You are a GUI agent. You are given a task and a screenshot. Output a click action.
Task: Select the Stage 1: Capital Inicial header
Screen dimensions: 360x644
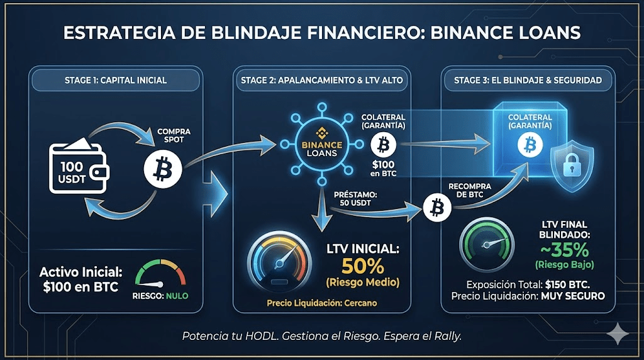pyautogui.click(x=115, y=80)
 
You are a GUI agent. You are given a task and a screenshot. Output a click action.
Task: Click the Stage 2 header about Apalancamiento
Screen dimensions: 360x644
pyautogui.click(x=322, y=80)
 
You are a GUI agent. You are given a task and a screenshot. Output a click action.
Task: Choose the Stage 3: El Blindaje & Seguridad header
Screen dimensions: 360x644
pyautogui.click(x=528, y=80)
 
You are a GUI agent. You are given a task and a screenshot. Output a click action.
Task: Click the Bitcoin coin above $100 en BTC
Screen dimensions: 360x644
pyautogui.click(x=382, y=147)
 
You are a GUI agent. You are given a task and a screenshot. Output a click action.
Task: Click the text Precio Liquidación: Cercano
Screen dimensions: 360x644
pyautogui.click(x=321, y=303)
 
